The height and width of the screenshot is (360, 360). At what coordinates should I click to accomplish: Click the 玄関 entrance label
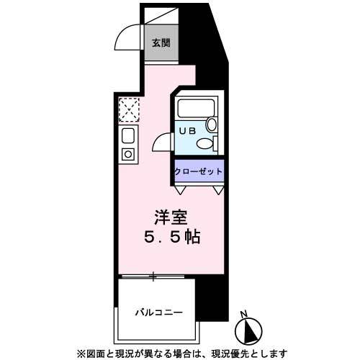(161, 42)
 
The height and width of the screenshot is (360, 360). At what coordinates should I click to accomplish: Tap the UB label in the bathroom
(187, 131)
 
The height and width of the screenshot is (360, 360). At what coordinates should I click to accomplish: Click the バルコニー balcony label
(158, 312)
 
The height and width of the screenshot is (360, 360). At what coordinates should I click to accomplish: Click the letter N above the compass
(245, 314)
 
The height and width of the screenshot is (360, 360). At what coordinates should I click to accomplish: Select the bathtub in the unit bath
(199, 109)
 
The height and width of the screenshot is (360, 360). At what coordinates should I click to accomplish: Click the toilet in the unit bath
(208, 143)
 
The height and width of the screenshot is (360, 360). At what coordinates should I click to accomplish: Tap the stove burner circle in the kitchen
(127, 153)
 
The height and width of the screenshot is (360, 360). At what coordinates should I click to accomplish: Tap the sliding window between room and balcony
(153, 276)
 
